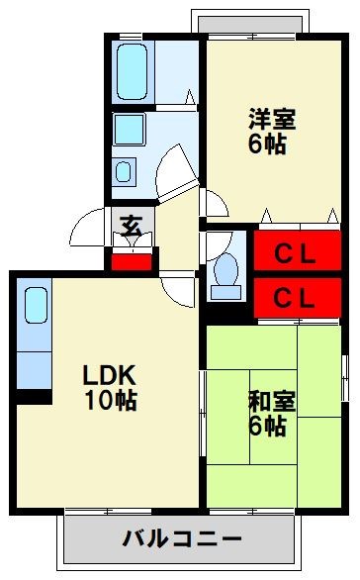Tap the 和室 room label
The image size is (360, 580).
pyautogui.click(x=267, y=403)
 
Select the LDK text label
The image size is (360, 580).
pyautogui.click(x=108, y=376)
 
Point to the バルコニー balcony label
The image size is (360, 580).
pyautogui.click(x=182, y=539)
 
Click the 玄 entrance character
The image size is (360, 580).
pyautogui.click(x=131, y=225)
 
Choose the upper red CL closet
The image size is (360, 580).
pyautogui.click(x=294, y=251)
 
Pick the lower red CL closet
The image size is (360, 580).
pyautogui.click(x=294, y=296)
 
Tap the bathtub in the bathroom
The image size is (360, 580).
pyautogui.click(x=132, y=69)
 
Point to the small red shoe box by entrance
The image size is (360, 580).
pyautogui.click(x=132, y=261)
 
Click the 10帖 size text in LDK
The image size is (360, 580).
pyautogui.click(x=111, y=401)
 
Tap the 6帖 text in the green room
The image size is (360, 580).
pyautogui.click(x=267, y=428)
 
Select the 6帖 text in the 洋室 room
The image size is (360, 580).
pyautogui.click(x=269, y=144)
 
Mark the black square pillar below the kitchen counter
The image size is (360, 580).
pyautogui.click(x=39, y=397)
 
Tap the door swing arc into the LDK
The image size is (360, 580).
pyautogui.click(x=178, y=290)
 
